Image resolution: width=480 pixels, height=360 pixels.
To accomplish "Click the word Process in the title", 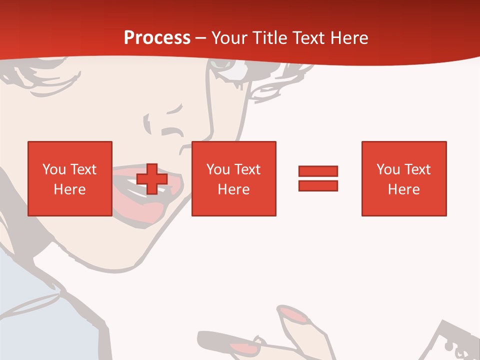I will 157,38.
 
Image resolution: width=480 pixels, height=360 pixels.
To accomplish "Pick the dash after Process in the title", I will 200,38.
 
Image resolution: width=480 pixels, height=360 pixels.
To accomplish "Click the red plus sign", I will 152,179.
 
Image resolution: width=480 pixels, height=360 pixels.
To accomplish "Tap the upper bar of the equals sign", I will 318,171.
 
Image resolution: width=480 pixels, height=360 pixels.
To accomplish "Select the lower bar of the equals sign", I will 318,185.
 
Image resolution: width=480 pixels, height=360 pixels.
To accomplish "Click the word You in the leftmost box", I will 54,169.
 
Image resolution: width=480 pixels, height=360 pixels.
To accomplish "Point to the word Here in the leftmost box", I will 69,189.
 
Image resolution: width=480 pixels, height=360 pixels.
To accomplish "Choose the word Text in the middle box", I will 247,169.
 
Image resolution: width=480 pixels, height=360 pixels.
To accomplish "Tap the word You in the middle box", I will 218,169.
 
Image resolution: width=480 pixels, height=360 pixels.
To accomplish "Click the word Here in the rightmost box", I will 403,189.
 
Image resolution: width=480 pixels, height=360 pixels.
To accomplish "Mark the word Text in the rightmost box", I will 417,169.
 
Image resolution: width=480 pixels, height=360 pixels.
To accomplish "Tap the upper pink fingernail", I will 295,314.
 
